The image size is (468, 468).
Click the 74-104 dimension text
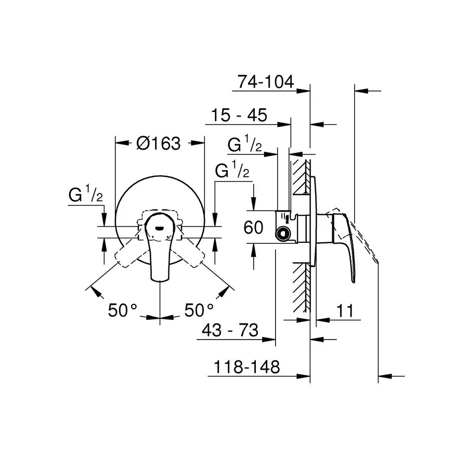pos(266,82)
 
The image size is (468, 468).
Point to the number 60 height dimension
pos(253,227)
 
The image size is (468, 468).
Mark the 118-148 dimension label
pos(246,367)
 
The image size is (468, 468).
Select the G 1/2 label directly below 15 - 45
pos(244,145)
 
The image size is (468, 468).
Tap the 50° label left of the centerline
pos(122,311)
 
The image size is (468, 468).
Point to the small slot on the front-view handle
pos(160,227)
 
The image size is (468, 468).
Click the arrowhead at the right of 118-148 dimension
pos(385,375)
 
